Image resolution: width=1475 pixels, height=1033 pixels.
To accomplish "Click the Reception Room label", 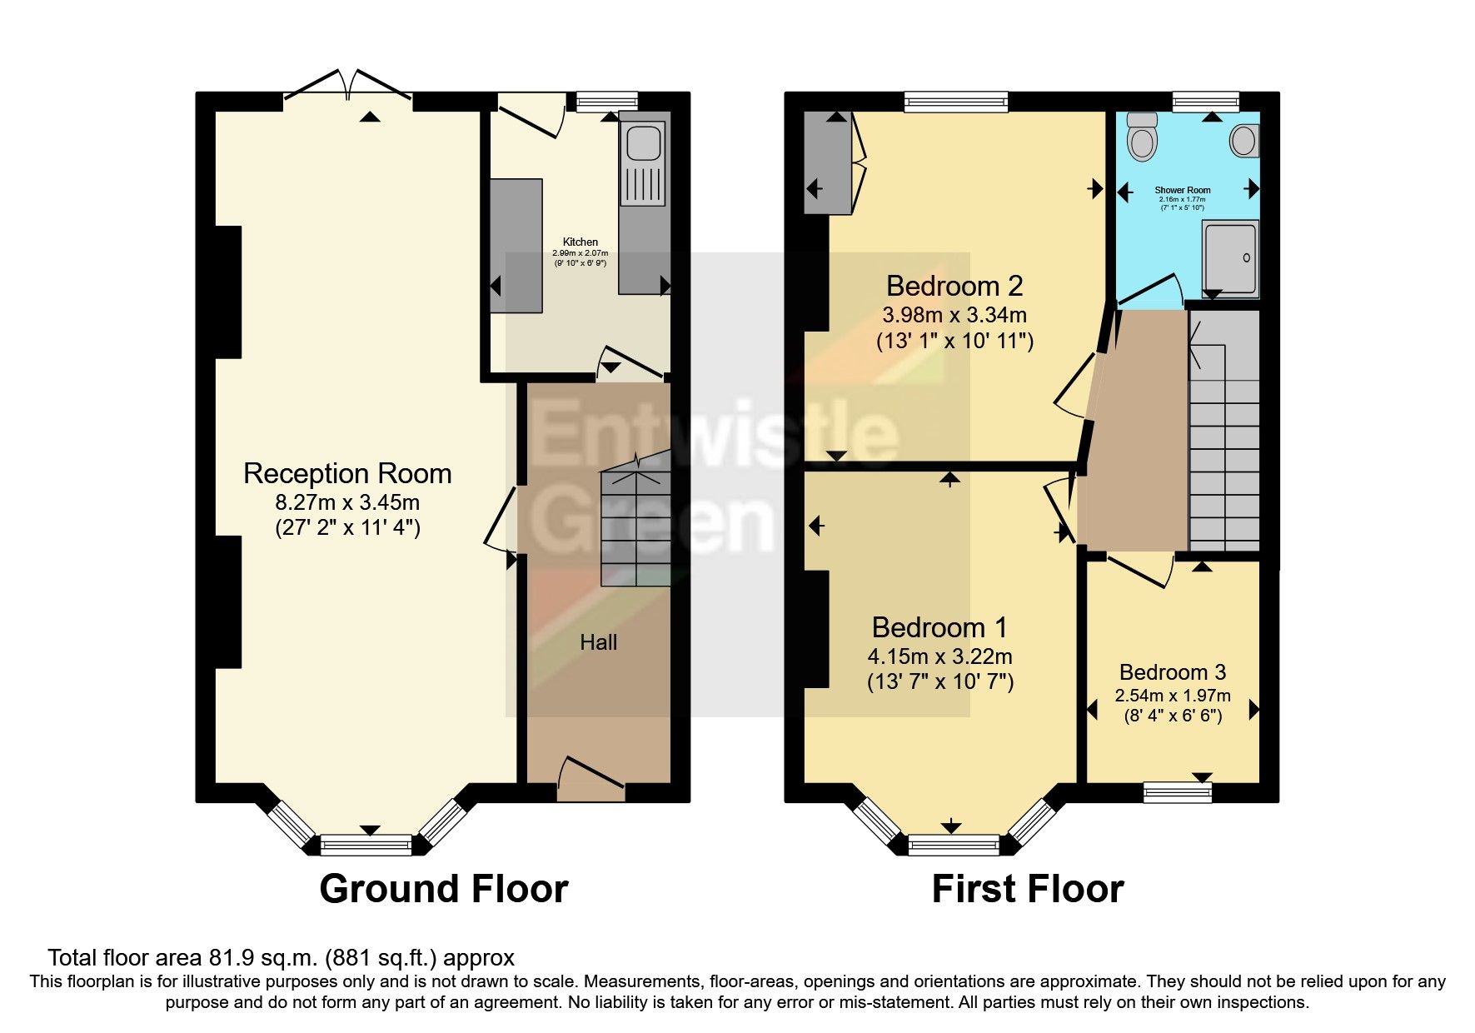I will point(347,473).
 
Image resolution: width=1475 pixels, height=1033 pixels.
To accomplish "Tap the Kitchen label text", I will point(581,242).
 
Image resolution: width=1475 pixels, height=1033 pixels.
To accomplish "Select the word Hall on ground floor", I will point(598,642).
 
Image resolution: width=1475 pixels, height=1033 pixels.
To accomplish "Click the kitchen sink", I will point(643,143).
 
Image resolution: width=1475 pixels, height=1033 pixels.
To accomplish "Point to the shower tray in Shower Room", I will point(1230,259).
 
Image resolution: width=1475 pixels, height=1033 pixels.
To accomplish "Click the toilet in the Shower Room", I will point(1142,137).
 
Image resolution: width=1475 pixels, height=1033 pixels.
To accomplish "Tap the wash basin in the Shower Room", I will point(1244,140).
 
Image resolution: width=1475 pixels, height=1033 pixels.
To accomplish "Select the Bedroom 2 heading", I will point(954,287).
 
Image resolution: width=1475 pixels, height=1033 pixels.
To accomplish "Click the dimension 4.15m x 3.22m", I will point(939,656).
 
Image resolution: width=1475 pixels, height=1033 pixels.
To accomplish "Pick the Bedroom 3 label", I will point(1172,672).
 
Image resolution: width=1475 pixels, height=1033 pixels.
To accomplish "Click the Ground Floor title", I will point(443,889).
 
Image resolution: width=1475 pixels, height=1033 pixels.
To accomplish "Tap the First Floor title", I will point(1027,889).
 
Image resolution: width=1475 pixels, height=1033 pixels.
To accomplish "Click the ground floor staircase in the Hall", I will point(636,525).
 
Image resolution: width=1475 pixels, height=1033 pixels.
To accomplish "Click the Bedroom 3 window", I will point(1177,791).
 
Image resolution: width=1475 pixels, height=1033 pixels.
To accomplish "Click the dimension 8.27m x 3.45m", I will point(347,502).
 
